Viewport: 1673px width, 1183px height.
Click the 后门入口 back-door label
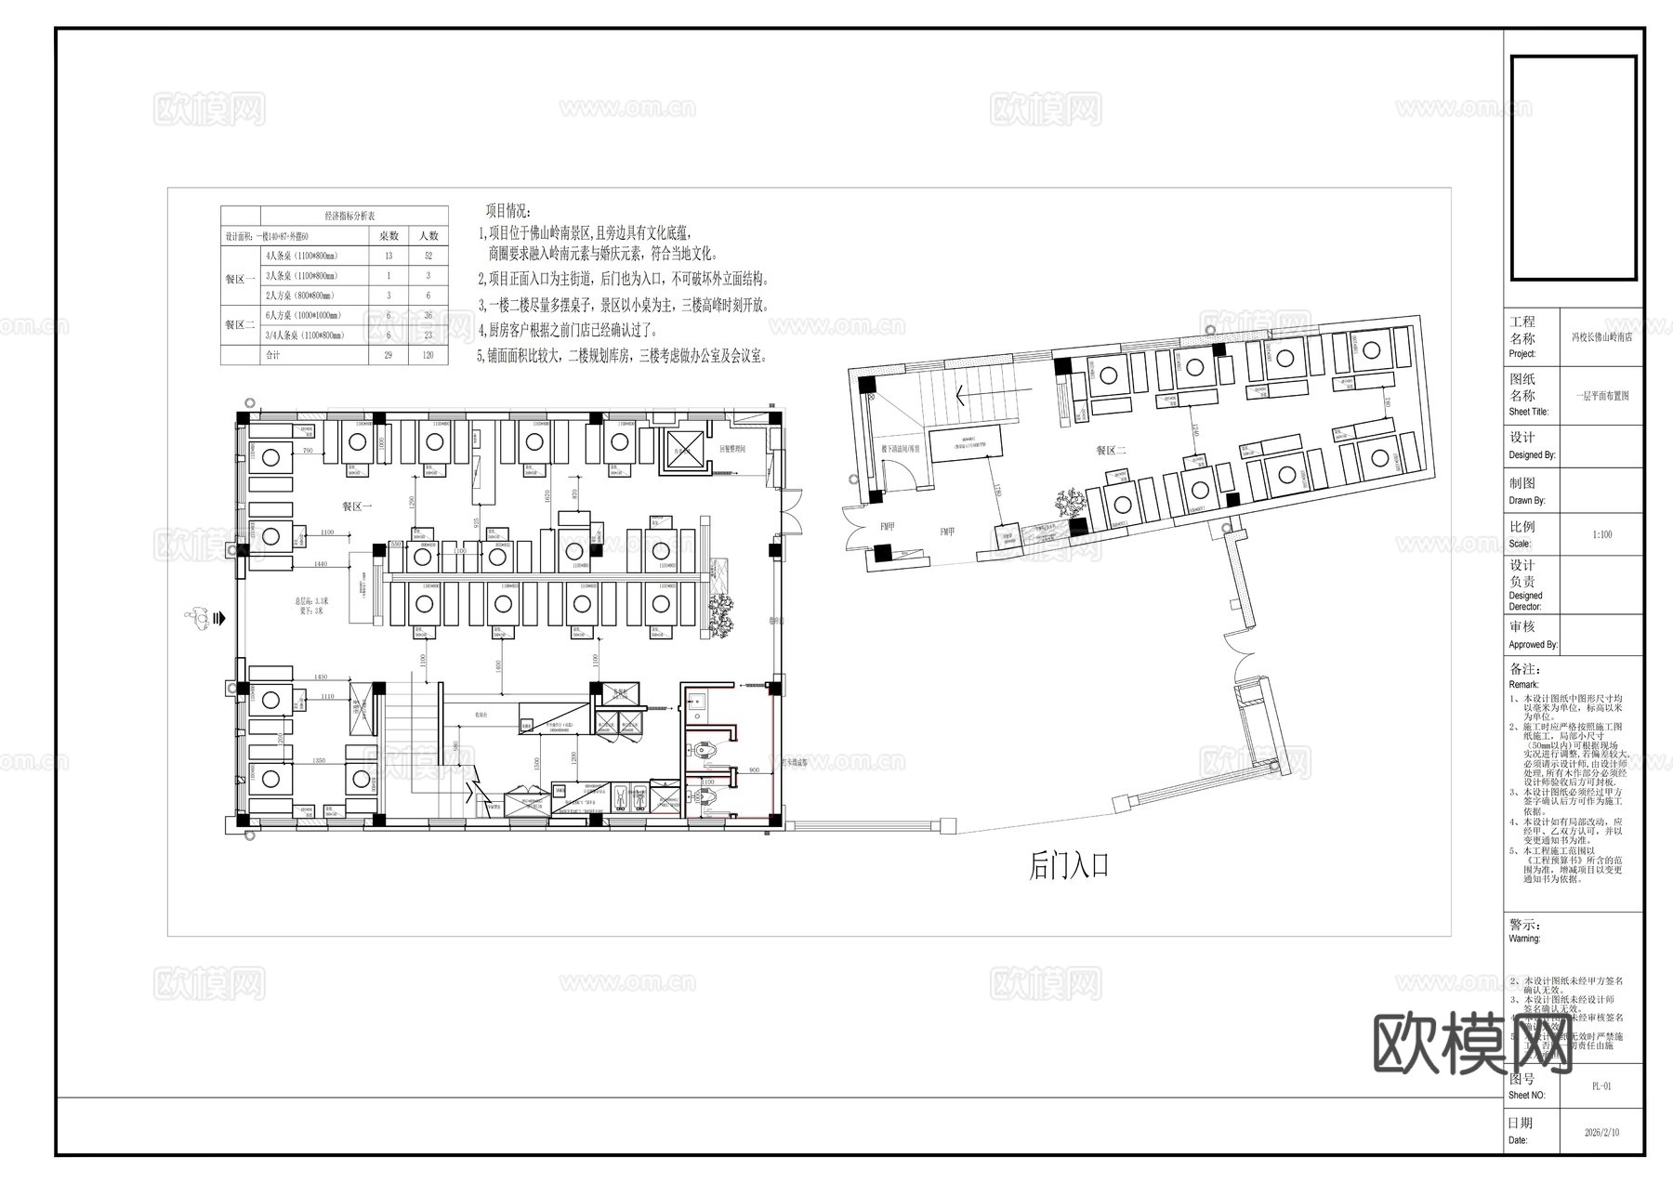[x=1069, y=866]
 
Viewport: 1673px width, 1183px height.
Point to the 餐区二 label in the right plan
[x=1111, y=450]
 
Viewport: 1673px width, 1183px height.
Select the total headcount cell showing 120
[x=428, y=355]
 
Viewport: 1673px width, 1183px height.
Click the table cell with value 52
[x=428, y=256]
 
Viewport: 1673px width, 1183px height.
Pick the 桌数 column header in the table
[x=388, y=236]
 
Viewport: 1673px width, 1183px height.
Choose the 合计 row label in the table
[x=272, y=355]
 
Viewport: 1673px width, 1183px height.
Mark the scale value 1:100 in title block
[x=1601, y=535]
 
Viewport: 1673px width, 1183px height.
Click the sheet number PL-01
[x=1601, y=1085]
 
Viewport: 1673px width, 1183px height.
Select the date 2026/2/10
[x=1601, y=1132]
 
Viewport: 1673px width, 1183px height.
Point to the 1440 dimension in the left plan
[x=321, y=564]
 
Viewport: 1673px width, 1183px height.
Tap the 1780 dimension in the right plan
[x=995, y=494]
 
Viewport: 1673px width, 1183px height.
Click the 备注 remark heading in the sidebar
[x=1524, y=669]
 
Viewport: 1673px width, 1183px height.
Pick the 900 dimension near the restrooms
[x=754, y=769]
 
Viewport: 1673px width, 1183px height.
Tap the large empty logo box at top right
[x=1573, y=167]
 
